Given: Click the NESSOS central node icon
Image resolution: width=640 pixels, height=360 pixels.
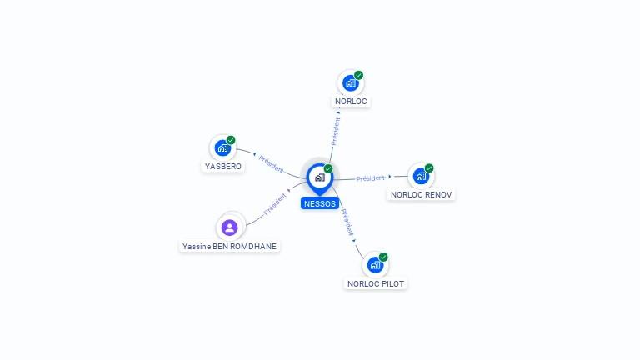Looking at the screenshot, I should pos(319,177).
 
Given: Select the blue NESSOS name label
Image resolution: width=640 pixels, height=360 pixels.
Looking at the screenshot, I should pos(320,203).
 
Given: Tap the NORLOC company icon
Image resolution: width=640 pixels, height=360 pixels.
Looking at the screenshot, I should pos(350,83).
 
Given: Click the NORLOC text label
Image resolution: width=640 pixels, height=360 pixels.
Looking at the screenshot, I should pos(351,102).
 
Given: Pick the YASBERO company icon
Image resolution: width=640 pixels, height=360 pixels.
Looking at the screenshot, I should pos(222,147).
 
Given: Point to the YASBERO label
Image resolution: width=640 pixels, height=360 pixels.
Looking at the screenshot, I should pos(223,166).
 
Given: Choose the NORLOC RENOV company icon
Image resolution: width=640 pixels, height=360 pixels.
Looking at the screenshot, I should pos(421,176).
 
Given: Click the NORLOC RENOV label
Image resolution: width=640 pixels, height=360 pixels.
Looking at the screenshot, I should pos(422,195).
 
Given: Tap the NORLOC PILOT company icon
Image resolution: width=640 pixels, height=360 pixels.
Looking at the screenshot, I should pos(375,265).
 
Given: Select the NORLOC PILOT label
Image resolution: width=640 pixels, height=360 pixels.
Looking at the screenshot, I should pos(376,284).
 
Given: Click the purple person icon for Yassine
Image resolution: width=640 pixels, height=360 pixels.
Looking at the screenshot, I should pos(230,227).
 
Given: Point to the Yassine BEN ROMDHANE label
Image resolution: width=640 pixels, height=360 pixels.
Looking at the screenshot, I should pos(230,247).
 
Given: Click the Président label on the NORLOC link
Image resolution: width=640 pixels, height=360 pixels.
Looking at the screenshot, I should pos(336,132).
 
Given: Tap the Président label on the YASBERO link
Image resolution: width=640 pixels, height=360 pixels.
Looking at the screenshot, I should pos(272,163).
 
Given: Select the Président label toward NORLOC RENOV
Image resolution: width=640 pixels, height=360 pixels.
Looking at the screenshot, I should pos(370,178).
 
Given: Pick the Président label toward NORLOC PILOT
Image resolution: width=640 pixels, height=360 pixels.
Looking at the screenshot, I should pos(349,220).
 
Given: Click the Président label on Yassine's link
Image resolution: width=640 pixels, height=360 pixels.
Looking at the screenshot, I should pos(275,206).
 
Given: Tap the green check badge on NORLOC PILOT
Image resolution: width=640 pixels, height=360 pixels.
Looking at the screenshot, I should pos(383,257).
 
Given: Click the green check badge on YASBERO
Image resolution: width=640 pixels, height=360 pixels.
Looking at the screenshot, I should pos(231,140).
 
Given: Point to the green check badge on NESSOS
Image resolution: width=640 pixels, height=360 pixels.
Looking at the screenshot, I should pos(328,168).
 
